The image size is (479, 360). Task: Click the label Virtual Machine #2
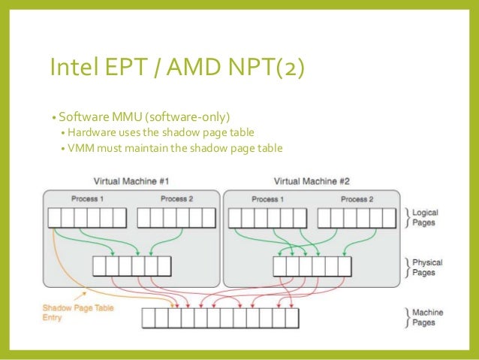(x=312, y=181)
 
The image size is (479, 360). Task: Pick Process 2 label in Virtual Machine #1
(x=177, y=199)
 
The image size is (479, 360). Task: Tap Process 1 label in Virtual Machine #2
(x=267, y=199)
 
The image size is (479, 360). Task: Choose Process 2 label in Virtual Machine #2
(x=357, y=199)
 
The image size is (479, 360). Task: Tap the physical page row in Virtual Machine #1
(x=131, y=266)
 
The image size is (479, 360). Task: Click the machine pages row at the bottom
(x=220, y=318)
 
